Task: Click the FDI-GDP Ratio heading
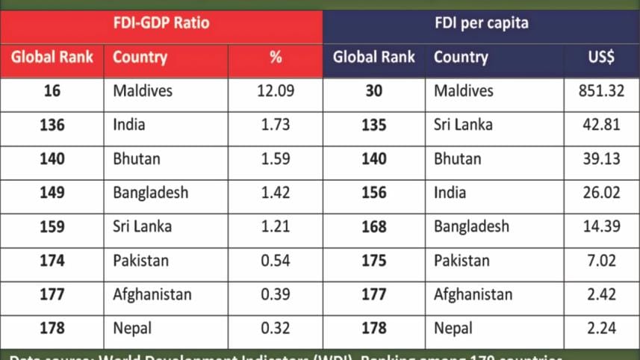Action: click(161, 22)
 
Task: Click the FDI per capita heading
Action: click(482, 22)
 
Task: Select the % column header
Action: click(275, 57)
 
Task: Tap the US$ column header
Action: click(601, 57)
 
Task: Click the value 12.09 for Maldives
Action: click(275, 91)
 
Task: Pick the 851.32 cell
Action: click(601, 91)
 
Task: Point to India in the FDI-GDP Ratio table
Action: click(129, 125)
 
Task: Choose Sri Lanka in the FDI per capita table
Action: click(463, 125)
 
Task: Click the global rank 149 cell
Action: click(52, 193)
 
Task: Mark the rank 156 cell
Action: click(373, 193)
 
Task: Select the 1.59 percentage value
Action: click(275, 159)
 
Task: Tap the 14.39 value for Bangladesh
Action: click(601, 226)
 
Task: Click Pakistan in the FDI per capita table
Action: click(462, 261)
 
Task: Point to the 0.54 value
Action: click(275, 261)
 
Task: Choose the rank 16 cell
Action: click(52, 91)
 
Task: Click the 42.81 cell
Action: click(601, 125)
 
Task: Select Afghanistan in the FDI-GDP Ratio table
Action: click(152, 294)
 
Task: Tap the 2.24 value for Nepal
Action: click(601, 328)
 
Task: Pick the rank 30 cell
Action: click(373, 91)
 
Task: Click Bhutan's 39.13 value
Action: click(601, 159)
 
